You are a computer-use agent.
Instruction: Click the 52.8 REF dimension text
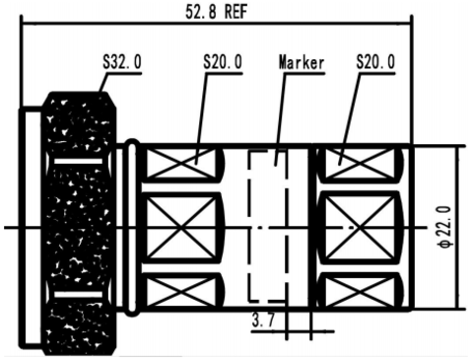tap(216, 12)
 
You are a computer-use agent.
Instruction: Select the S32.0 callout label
tap(122, 62)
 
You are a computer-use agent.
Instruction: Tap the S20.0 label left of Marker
tap(223, 62)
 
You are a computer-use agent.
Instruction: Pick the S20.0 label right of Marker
tap(375, 62)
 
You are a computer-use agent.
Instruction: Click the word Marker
tap(302, 62)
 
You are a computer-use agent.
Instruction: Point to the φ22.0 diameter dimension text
tap(445, 227)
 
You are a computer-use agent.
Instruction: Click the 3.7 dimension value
tap(263, 320)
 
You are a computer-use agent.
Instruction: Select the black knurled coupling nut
tap(78, 224)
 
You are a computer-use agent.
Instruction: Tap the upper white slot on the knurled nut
tap(78, 161)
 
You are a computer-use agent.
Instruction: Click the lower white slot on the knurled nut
tap(78, 294)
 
